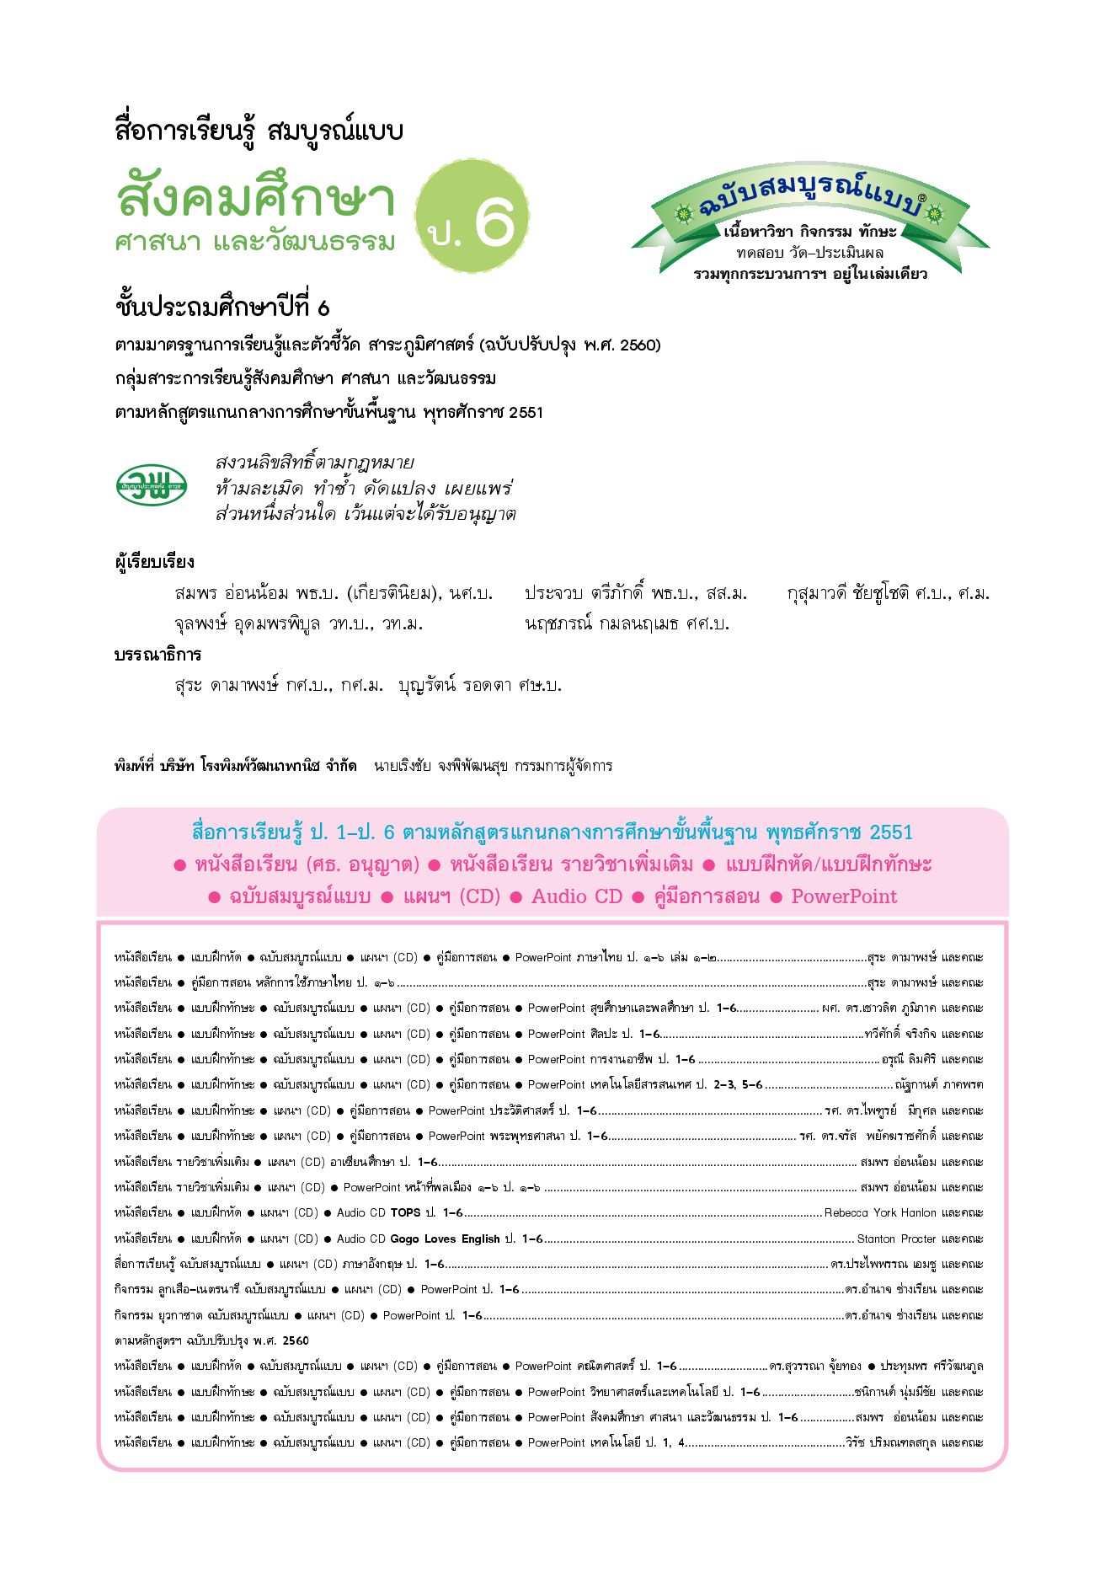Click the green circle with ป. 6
(x=472, y=216)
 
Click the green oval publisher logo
(x=152, y=485)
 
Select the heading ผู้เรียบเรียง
(x=154, y=562)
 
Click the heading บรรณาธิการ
(x=157, y=655)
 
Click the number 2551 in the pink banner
(x=890, y=832)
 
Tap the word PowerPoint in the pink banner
(x=844, y=896)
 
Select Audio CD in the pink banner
(x=576, y=896)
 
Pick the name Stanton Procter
(x=896, y=1239)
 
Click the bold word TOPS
(x=405, y=1212)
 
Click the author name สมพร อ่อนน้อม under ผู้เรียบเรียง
(x=232, y=594)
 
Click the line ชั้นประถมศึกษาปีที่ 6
(x=222, y=308)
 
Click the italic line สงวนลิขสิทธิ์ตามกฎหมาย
(x=314, y=463)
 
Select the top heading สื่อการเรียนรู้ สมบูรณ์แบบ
(x=259, y=131)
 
